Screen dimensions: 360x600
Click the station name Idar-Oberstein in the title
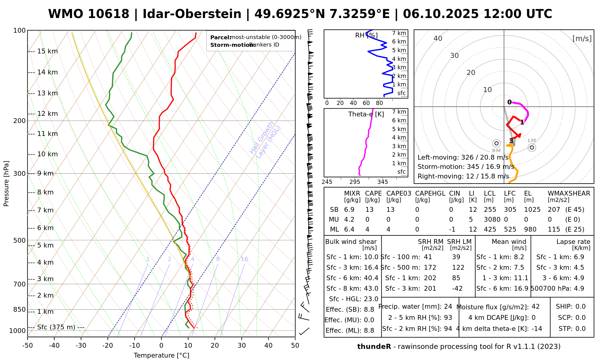pyautogui.click(x=192, y=14)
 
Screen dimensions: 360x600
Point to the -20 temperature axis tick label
pyautogui.click(x=108, y=346)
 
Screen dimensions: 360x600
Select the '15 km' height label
pyautogui.click(x=47, y=51)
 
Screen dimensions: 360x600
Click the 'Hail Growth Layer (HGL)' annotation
pyautogui.click(x=265, y=140)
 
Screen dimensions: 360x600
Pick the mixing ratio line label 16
pyautogui.click(x=244, y=259)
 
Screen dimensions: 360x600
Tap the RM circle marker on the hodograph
pyautogui.click(x=496, y=143)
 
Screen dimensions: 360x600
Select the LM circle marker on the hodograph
pyautogui.click(x=532, y=147)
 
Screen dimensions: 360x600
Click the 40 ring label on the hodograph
pyautogui.click(x=438, y=38)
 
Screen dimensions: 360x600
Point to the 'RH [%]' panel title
pyautogui.click(x=366, y=35)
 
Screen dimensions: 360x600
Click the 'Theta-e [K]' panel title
pyautogui.click(x=366, y=114)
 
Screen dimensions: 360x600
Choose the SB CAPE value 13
pyautogui.click(x=369, y=210)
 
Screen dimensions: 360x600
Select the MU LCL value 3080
pyautogui.click(x=492, y=220)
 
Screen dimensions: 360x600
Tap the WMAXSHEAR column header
pyautogui.click(x=569, y=193)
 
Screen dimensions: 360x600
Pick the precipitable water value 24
pyautogui.click(x=448, y=307)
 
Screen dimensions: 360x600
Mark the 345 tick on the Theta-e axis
pyautogui.click(x=382, y=182)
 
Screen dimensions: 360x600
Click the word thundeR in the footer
pyautogui.click(x=374, y=347)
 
